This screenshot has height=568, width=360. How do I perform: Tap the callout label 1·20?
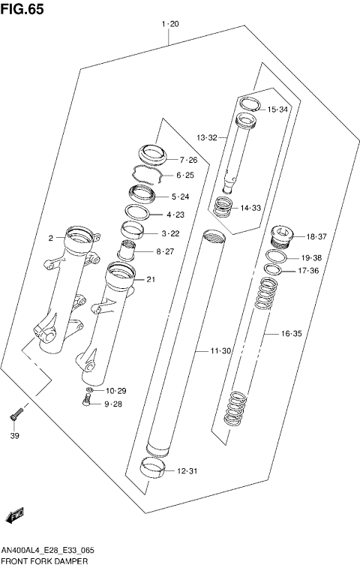pos(170,25)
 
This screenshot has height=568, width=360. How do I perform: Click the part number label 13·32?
pos(207,138)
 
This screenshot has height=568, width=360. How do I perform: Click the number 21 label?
pos(151,280)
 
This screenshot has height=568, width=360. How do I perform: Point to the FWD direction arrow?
pos(15,516)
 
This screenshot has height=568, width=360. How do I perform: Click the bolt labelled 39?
pos(16,412)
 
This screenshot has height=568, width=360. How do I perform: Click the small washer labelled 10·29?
pos(89,391)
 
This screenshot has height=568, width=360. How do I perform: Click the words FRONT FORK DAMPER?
pos(44,560)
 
